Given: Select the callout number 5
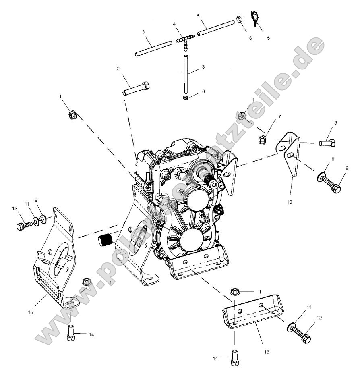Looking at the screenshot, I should point(269,38).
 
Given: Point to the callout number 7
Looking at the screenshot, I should point(279,116).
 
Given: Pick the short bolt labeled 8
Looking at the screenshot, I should point(328,143).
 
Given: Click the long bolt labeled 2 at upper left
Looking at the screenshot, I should point(136,88).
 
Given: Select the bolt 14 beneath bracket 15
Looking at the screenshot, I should point(71,333).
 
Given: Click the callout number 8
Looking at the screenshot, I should point(335,123).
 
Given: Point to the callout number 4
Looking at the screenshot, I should point(174,24).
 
